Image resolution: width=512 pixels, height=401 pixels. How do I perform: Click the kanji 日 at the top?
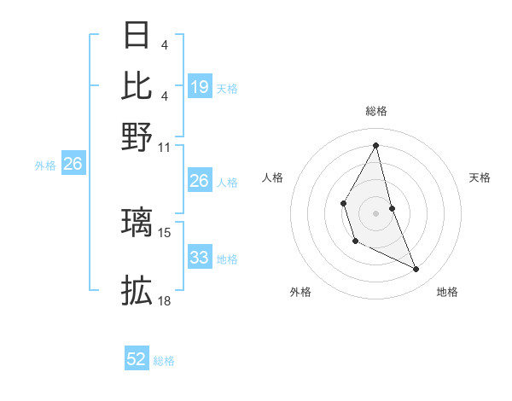(x=137, y=36)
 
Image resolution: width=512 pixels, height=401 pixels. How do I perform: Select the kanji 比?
(x=137, y=85)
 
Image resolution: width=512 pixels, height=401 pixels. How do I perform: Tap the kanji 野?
(x=137, y=136)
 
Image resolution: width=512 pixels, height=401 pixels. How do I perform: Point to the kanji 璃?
(x=137, y=222)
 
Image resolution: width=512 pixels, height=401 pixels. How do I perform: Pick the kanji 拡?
(x=137, y=290)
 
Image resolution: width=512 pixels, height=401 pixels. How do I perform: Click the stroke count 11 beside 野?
(x=165, y=147)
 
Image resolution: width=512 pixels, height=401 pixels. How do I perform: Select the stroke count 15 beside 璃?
(x=165, y=232)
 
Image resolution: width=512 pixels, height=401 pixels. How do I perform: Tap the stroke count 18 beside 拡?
(x=165, y=300)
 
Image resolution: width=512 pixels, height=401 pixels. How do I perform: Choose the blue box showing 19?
(x=199, y=87)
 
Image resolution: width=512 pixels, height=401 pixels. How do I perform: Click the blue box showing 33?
(x=199, y=258)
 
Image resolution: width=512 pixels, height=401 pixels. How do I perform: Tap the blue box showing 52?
(x=137, y=359)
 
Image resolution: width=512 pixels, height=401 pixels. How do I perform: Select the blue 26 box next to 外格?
(x=73, y=165)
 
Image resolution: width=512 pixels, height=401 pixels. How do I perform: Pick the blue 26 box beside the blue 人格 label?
(x=199, y=181)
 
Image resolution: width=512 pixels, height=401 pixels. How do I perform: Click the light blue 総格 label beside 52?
(x=164, y=361)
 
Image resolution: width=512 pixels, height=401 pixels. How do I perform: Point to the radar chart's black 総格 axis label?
(x=376, y=111)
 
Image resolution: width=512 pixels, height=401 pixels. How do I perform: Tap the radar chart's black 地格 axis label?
(x=447, y=292)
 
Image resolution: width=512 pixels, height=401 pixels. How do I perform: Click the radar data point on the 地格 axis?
(x=416, y=269)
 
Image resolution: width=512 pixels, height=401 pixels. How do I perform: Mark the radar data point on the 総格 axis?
(x=376, y=145)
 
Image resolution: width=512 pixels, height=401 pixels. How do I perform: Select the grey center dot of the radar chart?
(x=376, y=212)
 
